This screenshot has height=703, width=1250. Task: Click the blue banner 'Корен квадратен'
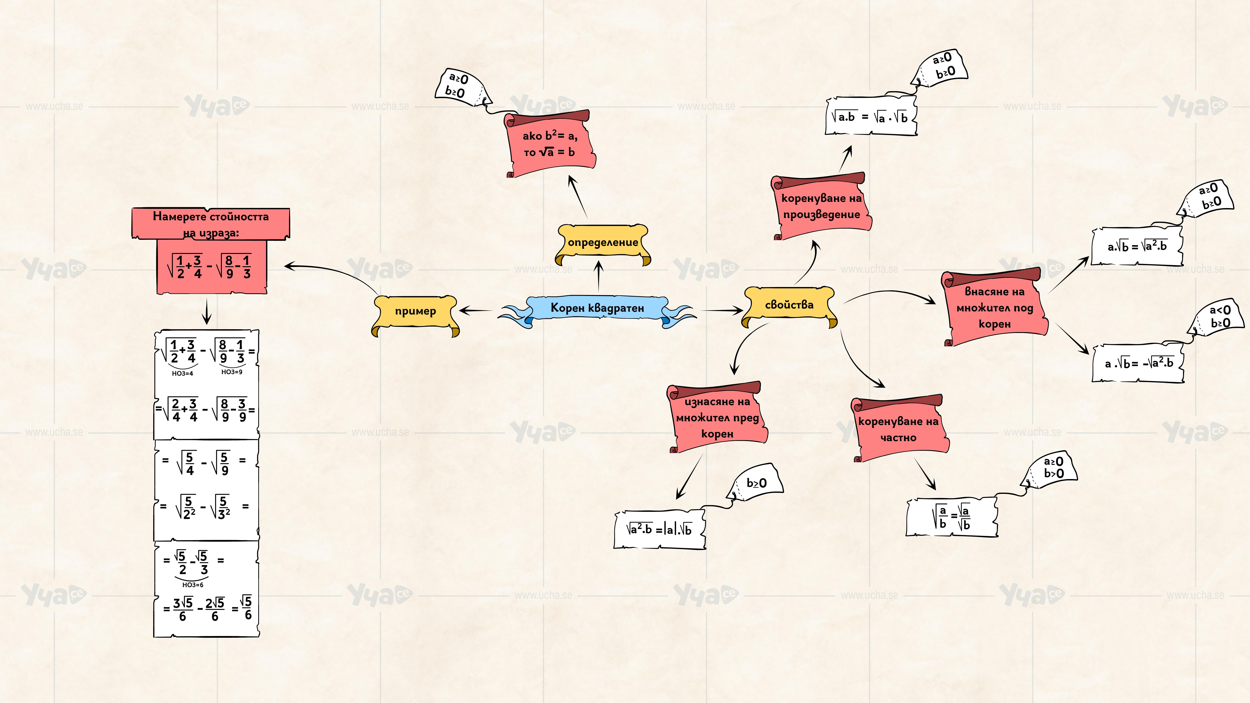(597, 309)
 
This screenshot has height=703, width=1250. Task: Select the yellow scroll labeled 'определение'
(603, 243)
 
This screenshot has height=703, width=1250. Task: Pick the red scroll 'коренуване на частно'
(899, 429)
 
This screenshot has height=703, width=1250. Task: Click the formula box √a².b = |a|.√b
(659, 529)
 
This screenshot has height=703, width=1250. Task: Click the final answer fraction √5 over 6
(247, 608)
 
